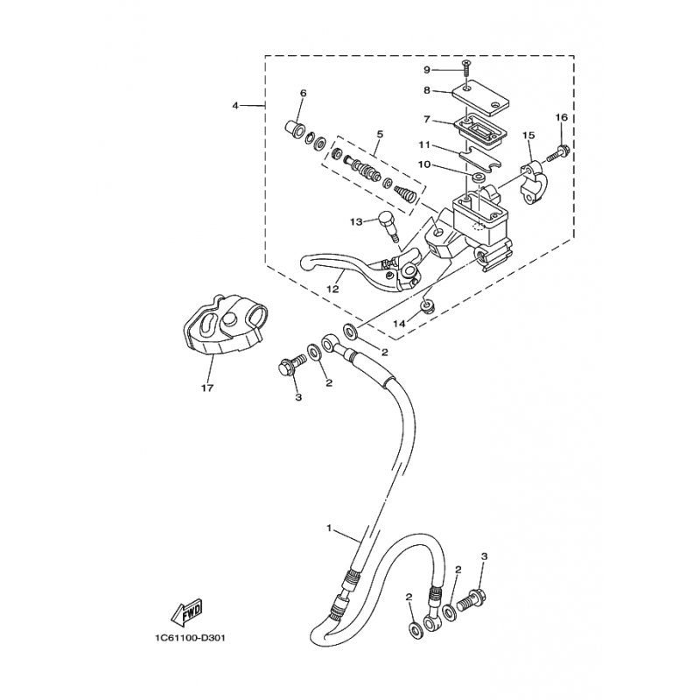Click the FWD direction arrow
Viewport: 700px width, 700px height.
point(186,611)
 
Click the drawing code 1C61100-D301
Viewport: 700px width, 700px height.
point(187,639)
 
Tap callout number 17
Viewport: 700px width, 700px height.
point(207,388)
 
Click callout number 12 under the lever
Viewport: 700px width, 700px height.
point(332,289)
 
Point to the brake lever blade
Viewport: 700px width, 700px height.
point(353,267)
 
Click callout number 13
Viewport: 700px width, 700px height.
point(356,221)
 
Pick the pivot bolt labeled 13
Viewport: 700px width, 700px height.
point(388,226)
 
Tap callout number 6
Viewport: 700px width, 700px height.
point(303,94)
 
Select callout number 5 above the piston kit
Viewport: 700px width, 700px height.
point(380,134)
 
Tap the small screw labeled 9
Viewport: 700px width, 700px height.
point(467,68)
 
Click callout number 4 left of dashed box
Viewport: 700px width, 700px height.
point(235,106)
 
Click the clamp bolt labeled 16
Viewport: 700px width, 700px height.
point(556,152)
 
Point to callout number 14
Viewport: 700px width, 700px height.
point(400,323)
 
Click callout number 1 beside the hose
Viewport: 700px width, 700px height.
point(329,528)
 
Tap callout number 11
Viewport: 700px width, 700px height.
point(424,145)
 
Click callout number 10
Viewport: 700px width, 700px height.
point(424,164)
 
